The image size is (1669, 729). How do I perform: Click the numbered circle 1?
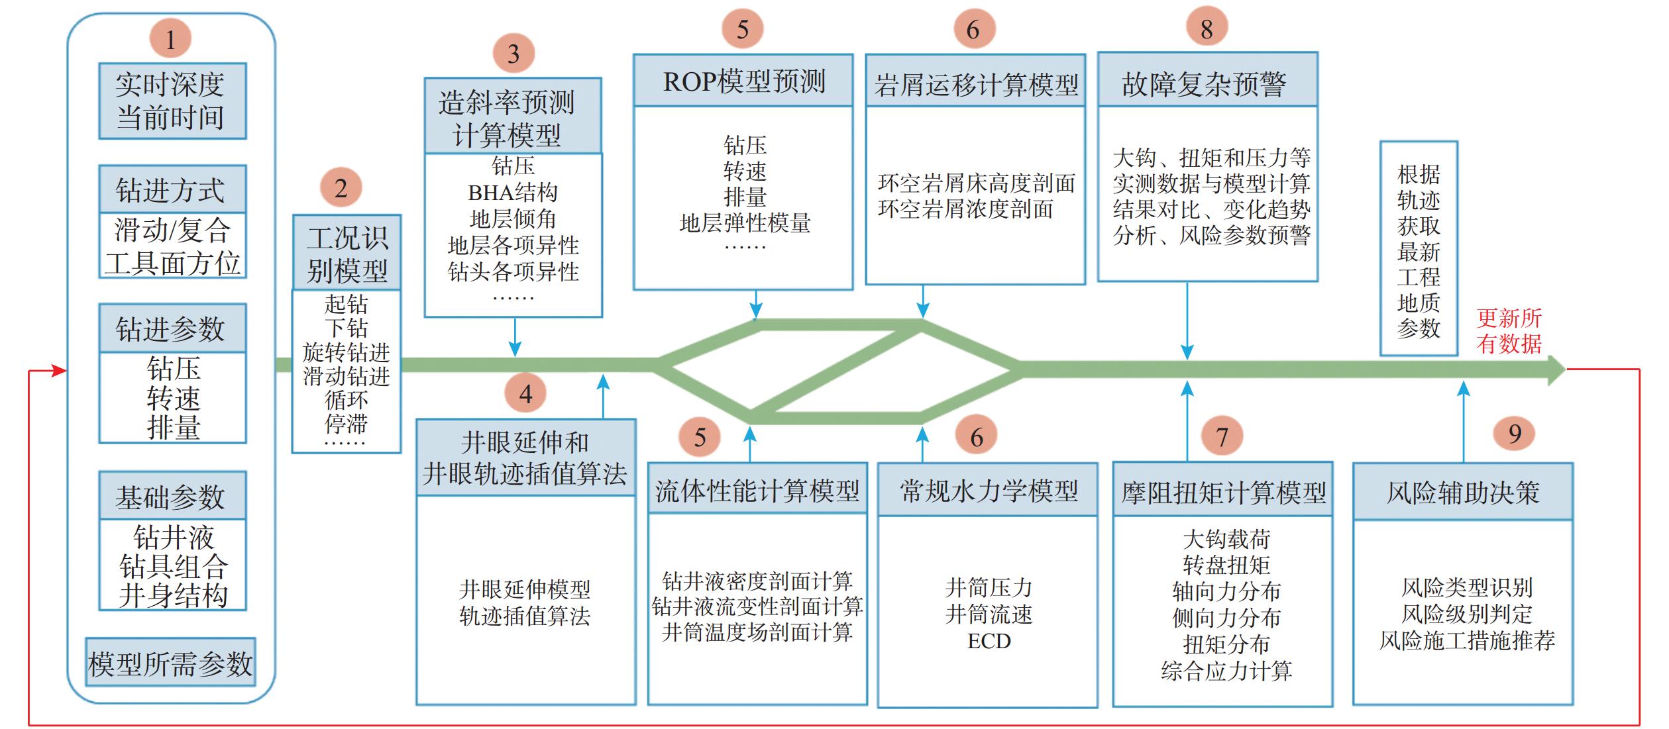170,39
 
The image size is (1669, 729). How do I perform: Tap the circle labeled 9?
1514,434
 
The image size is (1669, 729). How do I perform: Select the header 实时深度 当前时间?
172,101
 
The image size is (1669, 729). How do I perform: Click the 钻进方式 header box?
172,189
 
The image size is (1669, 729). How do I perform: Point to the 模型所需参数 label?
170,662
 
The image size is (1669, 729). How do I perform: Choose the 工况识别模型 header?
347,253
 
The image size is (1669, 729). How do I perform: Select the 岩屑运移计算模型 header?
975,83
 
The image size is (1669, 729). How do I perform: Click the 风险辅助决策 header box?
1462,492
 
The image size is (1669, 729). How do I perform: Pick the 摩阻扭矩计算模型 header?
1222,491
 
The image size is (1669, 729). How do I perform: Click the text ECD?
989,641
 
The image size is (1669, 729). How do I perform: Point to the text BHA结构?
513,193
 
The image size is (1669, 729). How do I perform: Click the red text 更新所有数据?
1509,331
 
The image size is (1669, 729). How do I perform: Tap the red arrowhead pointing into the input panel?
60,371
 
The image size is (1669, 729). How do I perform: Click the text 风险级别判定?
1466,614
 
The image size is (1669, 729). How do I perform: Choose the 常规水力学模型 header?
988,491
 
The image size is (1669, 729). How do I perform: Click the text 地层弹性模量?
745,223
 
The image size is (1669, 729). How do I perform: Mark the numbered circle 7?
1222,436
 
